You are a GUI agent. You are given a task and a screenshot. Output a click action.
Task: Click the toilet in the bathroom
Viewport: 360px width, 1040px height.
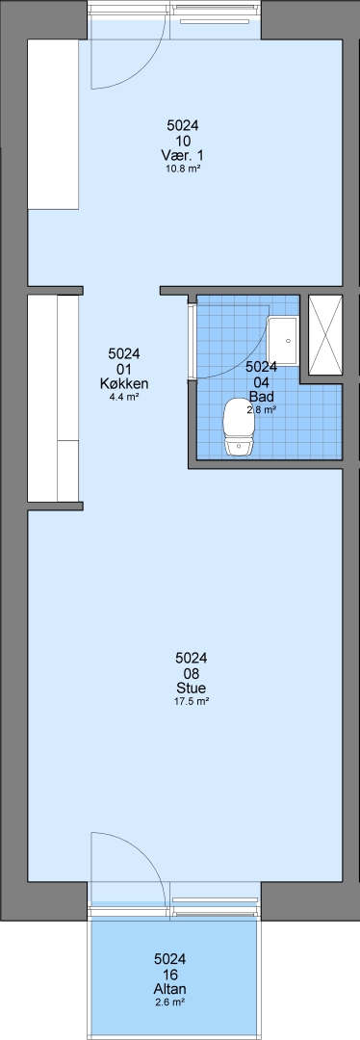(238, 428)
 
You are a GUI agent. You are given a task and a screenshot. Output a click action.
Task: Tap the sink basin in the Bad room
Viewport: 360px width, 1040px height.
(282, 340)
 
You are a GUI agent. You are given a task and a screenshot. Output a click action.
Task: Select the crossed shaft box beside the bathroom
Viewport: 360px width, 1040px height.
(325, 335)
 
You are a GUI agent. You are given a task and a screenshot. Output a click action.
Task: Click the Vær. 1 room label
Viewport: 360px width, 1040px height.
(182, 155)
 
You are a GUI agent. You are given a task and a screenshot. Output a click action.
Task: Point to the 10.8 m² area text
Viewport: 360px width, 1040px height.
(182, 169)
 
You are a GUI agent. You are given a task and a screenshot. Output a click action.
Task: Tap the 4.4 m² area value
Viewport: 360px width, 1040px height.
(123, 398)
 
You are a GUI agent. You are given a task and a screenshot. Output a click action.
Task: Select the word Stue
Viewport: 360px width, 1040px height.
(191, 688)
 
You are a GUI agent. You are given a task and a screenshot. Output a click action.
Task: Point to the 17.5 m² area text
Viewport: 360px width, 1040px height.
(192, 701)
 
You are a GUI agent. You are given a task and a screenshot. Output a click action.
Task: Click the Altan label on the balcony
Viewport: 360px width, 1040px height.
(169, 989)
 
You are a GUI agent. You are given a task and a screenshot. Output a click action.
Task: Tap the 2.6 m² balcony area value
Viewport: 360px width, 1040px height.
(169, 1002)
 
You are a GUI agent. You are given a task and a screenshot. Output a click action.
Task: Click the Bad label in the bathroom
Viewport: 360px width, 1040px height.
(261, 397)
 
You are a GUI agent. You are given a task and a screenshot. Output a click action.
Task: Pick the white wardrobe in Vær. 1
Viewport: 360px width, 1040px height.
(53, 124)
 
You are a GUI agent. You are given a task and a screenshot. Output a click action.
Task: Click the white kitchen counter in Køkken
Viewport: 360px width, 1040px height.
(53, 398)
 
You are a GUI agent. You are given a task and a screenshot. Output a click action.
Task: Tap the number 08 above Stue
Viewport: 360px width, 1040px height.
(191, 672)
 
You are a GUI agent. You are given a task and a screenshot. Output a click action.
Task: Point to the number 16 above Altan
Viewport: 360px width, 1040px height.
(169, 974)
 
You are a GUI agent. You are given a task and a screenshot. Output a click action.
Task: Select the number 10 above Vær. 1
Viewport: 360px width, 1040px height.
(183, 140)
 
